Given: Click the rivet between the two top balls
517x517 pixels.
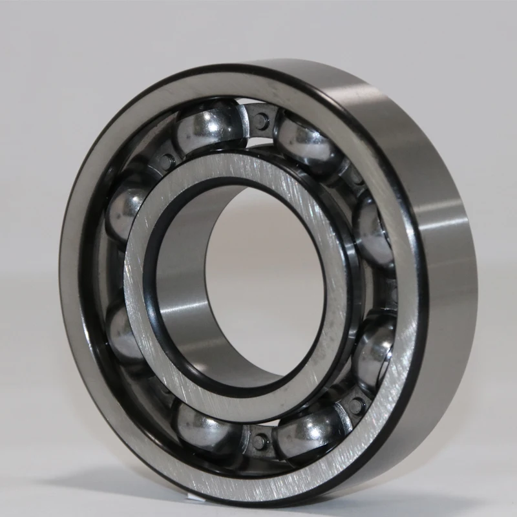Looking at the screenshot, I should (262, 120).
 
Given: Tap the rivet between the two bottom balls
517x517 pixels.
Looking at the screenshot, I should (260, 441).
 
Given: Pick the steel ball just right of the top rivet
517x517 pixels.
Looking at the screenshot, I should (306, 143).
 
